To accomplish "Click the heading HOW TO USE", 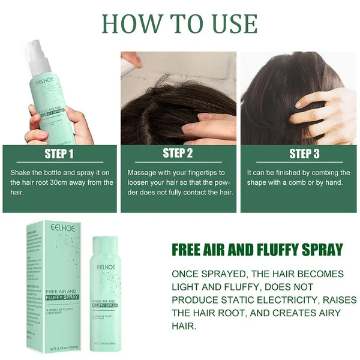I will point(180,24).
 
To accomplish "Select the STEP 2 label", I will point(178,154).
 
